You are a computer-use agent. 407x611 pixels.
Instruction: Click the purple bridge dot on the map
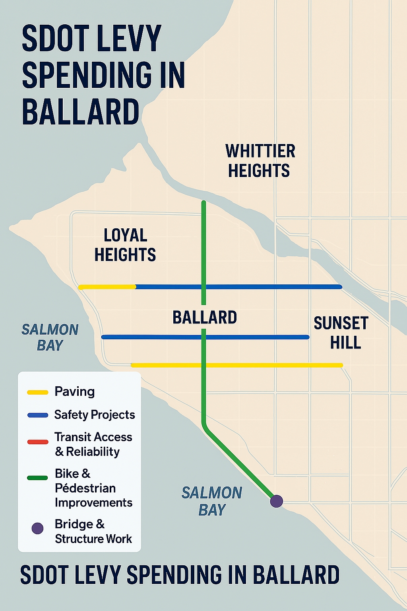pos(277,501)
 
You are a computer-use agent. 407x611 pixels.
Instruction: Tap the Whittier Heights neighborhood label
pos(260,161)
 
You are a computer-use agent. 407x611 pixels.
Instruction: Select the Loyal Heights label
pos(125,245)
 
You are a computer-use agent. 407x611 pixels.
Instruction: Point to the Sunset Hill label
pos(341,333)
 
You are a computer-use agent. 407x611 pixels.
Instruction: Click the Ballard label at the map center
pos(205,317)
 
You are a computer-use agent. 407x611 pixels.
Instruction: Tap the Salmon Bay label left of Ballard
pos(50,337)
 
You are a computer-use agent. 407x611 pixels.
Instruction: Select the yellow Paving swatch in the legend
pos(38,392)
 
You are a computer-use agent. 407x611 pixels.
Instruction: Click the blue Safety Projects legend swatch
pos(38,415)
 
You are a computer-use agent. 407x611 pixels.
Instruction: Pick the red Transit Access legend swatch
pos(38,442)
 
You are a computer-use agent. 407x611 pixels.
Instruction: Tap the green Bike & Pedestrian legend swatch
pos(38,478)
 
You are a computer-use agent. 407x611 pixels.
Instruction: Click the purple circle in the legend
pos(37,528)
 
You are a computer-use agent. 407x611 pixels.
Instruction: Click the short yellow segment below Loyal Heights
pos(107,287)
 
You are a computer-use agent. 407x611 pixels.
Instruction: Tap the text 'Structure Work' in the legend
pos(93,539)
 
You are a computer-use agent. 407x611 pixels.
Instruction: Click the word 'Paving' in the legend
pos(75,391)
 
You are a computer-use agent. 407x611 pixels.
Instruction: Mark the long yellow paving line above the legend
pos(237,365)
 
